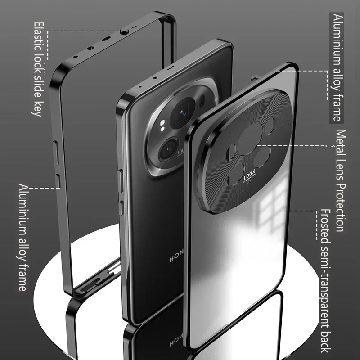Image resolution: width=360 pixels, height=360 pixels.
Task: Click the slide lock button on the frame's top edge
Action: [x=124, y=31]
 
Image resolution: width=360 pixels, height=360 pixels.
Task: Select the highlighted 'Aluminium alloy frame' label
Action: [x=337, y=67]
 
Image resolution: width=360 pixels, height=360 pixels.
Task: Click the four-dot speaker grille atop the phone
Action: [x=171, y=70]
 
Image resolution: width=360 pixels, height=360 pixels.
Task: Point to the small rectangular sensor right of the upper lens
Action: [x=202, y=100]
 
